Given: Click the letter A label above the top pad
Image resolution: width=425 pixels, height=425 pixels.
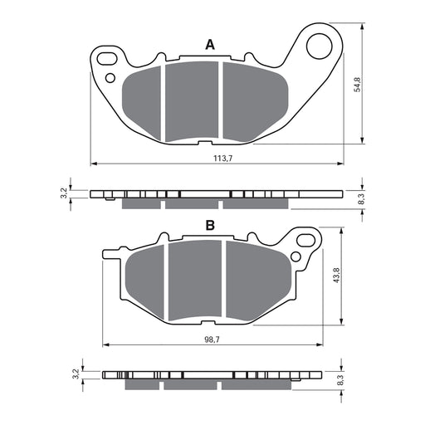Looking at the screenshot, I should tap(210, 45).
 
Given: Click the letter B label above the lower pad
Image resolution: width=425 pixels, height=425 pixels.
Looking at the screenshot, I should tap(210, 225).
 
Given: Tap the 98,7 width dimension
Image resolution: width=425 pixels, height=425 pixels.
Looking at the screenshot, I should tap(212, 340).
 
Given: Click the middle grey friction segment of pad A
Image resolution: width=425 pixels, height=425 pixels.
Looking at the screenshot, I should tap(192, 100).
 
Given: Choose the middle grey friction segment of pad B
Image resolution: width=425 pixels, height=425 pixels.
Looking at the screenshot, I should tap(196, 280).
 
